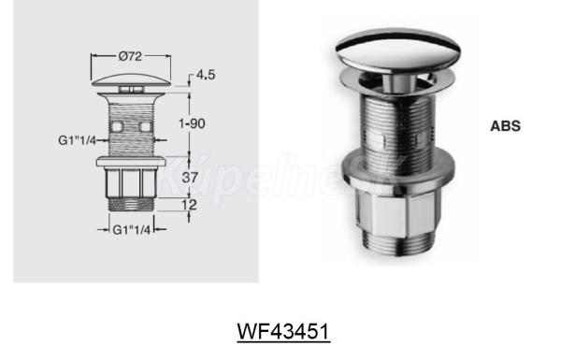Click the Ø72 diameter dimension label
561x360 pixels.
pos(130,56)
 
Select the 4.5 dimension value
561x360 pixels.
pos(206,75)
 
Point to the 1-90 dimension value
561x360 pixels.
pos(192,123)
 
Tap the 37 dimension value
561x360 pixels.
pos(190,177)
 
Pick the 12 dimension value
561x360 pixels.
pos(189,205)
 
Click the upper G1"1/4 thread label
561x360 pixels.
pos(78,140)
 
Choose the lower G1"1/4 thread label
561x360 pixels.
pos(132,229)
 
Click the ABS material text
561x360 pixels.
pos(505,126)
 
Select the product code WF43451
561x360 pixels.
pos(283,331)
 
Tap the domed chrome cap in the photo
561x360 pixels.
pos(398,49)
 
